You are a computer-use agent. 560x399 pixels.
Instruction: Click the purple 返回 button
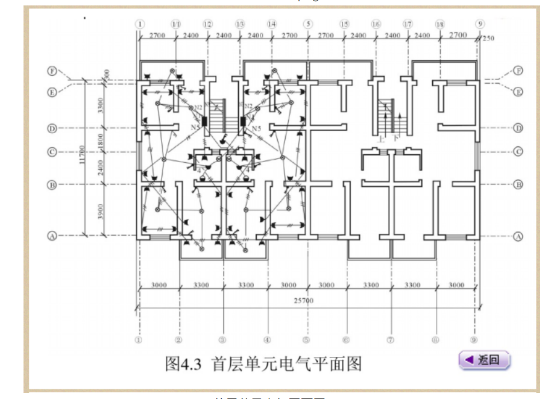[x=485, y=360]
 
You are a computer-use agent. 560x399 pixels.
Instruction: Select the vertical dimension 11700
[x=81, y=158]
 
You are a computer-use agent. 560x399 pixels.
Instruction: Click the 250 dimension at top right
[x=488, y=38]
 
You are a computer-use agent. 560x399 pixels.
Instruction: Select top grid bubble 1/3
[x=240, y=24]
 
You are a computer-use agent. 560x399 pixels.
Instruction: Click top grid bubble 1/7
[x=408, y=24]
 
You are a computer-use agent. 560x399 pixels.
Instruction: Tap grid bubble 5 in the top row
[x=308, y=24]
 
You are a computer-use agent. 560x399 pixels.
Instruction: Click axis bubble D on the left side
[x=52, y=128]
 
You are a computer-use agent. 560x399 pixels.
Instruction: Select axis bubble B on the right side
[x=518, y=184]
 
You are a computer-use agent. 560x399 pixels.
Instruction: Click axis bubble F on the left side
[x=52, y=71]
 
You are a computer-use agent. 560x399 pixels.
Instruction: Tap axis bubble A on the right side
[x=518, y=237]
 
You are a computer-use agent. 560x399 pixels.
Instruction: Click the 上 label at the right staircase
[x=380, y=138]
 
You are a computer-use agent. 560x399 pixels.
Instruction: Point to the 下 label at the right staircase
[x=396, y=138]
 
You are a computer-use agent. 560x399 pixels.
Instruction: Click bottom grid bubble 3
[x=222, y=340]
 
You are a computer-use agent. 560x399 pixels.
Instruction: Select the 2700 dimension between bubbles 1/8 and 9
[x=458, y=36]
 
